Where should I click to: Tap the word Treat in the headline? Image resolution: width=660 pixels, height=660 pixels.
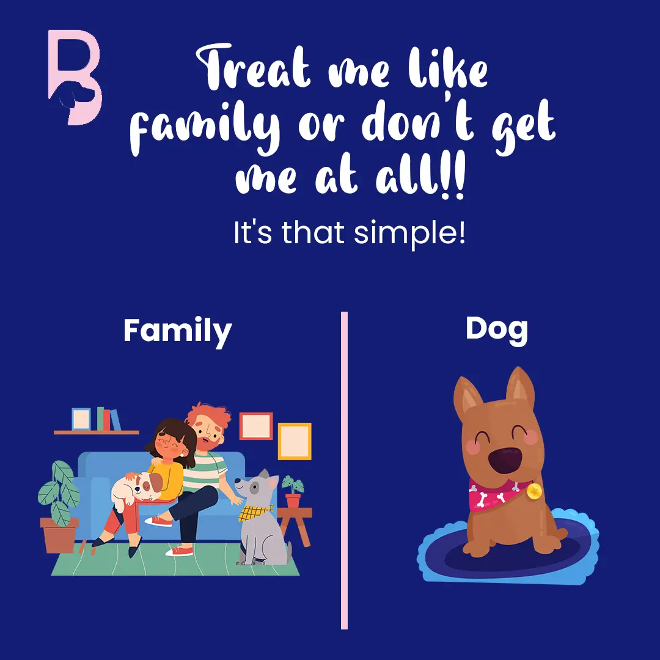click(253, 67)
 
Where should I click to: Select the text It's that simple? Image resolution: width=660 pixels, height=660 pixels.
click(350, 233)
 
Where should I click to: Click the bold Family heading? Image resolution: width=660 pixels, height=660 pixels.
click(178, 332)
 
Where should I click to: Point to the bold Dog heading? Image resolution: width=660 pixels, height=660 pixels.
click(497, 329)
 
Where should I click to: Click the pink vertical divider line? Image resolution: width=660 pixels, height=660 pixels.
click(344, 470)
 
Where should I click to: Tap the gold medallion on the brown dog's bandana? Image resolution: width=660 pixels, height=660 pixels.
click(533, 491)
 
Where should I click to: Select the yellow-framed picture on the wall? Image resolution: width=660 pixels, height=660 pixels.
click(295, 441)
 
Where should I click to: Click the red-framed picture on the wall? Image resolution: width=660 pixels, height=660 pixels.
click(256, 425)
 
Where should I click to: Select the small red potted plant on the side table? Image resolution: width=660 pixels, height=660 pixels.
click(293, 491)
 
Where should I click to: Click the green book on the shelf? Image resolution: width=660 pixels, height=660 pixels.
click(100, 419)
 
